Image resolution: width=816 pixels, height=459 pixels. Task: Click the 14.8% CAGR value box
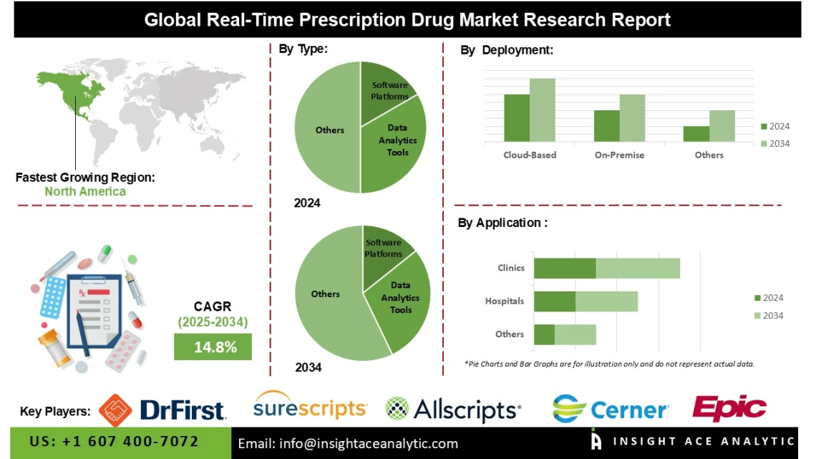click(x=213, y=347)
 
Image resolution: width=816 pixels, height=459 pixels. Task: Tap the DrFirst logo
click(x=162, y=409)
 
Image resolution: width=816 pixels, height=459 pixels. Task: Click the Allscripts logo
click(x=452, y=410)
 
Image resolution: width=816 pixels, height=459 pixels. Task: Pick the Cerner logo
click(x=611, y=409)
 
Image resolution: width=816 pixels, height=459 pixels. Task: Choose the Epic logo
click(x=729, y=407)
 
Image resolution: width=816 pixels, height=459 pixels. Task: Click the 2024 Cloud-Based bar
click(x=517, y=118)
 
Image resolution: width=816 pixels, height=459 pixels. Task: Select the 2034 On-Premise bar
click(x=632, y=118)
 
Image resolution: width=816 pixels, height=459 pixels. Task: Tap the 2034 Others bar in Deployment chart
click(x=722, y=126)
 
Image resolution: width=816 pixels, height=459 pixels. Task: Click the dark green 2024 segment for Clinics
click(x=565, y=269)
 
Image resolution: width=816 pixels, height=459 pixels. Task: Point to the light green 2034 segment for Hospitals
click(x=606, y=301)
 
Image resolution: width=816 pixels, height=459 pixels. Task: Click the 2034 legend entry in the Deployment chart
click(x=774, y=143)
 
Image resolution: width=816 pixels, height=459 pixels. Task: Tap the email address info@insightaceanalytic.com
click(x=348, y=444)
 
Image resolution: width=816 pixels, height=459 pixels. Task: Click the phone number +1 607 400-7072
click(x=115, y=441)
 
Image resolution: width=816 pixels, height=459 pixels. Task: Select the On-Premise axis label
click(x=619, y=155)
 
